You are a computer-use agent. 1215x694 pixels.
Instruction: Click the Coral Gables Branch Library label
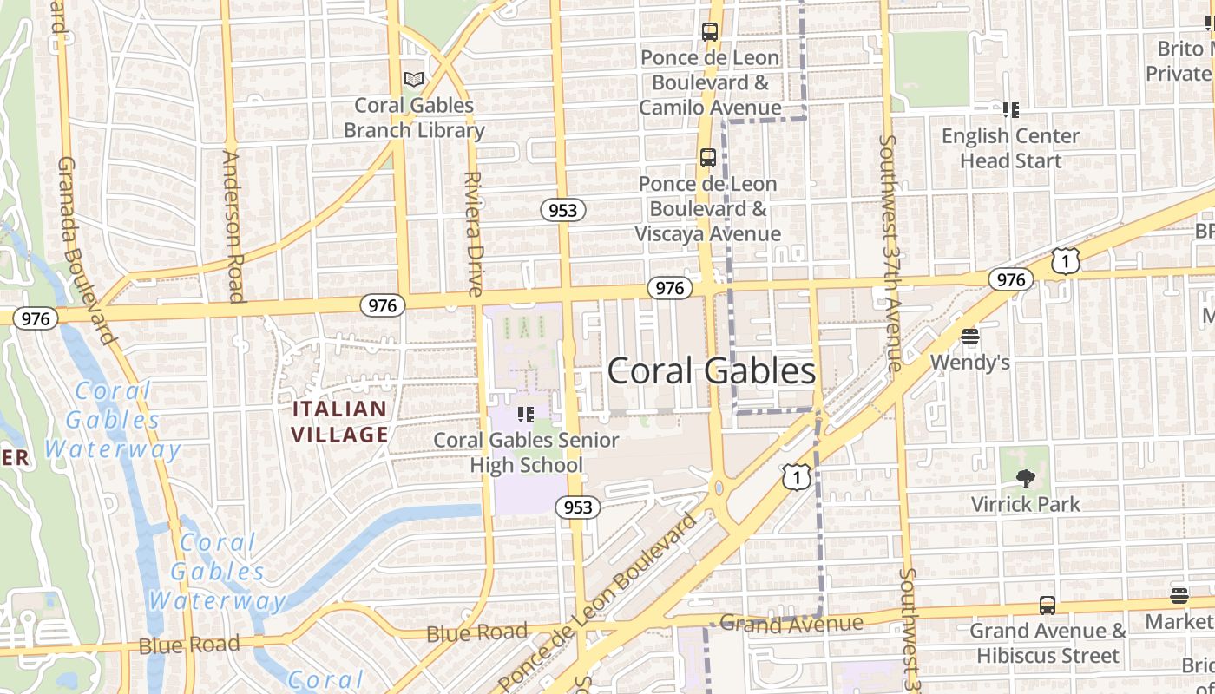[414, 118]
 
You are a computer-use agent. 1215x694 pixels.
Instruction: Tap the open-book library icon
[414, 80]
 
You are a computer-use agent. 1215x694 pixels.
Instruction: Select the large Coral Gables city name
[711, 371]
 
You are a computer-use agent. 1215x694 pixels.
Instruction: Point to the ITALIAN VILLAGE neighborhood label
[339, 422]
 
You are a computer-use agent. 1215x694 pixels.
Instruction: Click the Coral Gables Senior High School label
[527, 452]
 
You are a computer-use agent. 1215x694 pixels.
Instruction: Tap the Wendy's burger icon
[969, 336]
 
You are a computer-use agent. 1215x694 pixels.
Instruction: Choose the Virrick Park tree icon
[1025, 478]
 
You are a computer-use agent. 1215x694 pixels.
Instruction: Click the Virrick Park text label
[1025, 504]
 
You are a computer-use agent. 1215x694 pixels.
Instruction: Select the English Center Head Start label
[1010, 148]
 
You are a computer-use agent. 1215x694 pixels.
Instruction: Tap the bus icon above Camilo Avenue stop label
[710, 32]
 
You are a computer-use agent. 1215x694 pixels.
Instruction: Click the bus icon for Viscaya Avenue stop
[708, 158]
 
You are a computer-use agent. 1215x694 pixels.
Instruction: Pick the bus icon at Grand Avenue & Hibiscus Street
[1048, 606]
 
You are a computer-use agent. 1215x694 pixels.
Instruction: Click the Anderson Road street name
[233, 226]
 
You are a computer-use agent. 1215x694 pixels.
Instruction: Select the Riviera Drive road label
[474, 234]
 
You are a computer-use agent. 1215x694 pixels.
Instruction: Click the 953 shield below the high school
[577, 507]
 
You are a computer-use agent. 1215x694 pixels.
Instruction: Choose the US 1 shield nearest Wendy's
[1066, 260]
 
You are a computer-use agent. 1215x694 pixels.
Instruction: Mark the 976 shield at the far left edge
[36, 318]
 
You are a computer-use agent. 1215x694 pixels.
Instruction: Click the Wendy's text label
[969, 362]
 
